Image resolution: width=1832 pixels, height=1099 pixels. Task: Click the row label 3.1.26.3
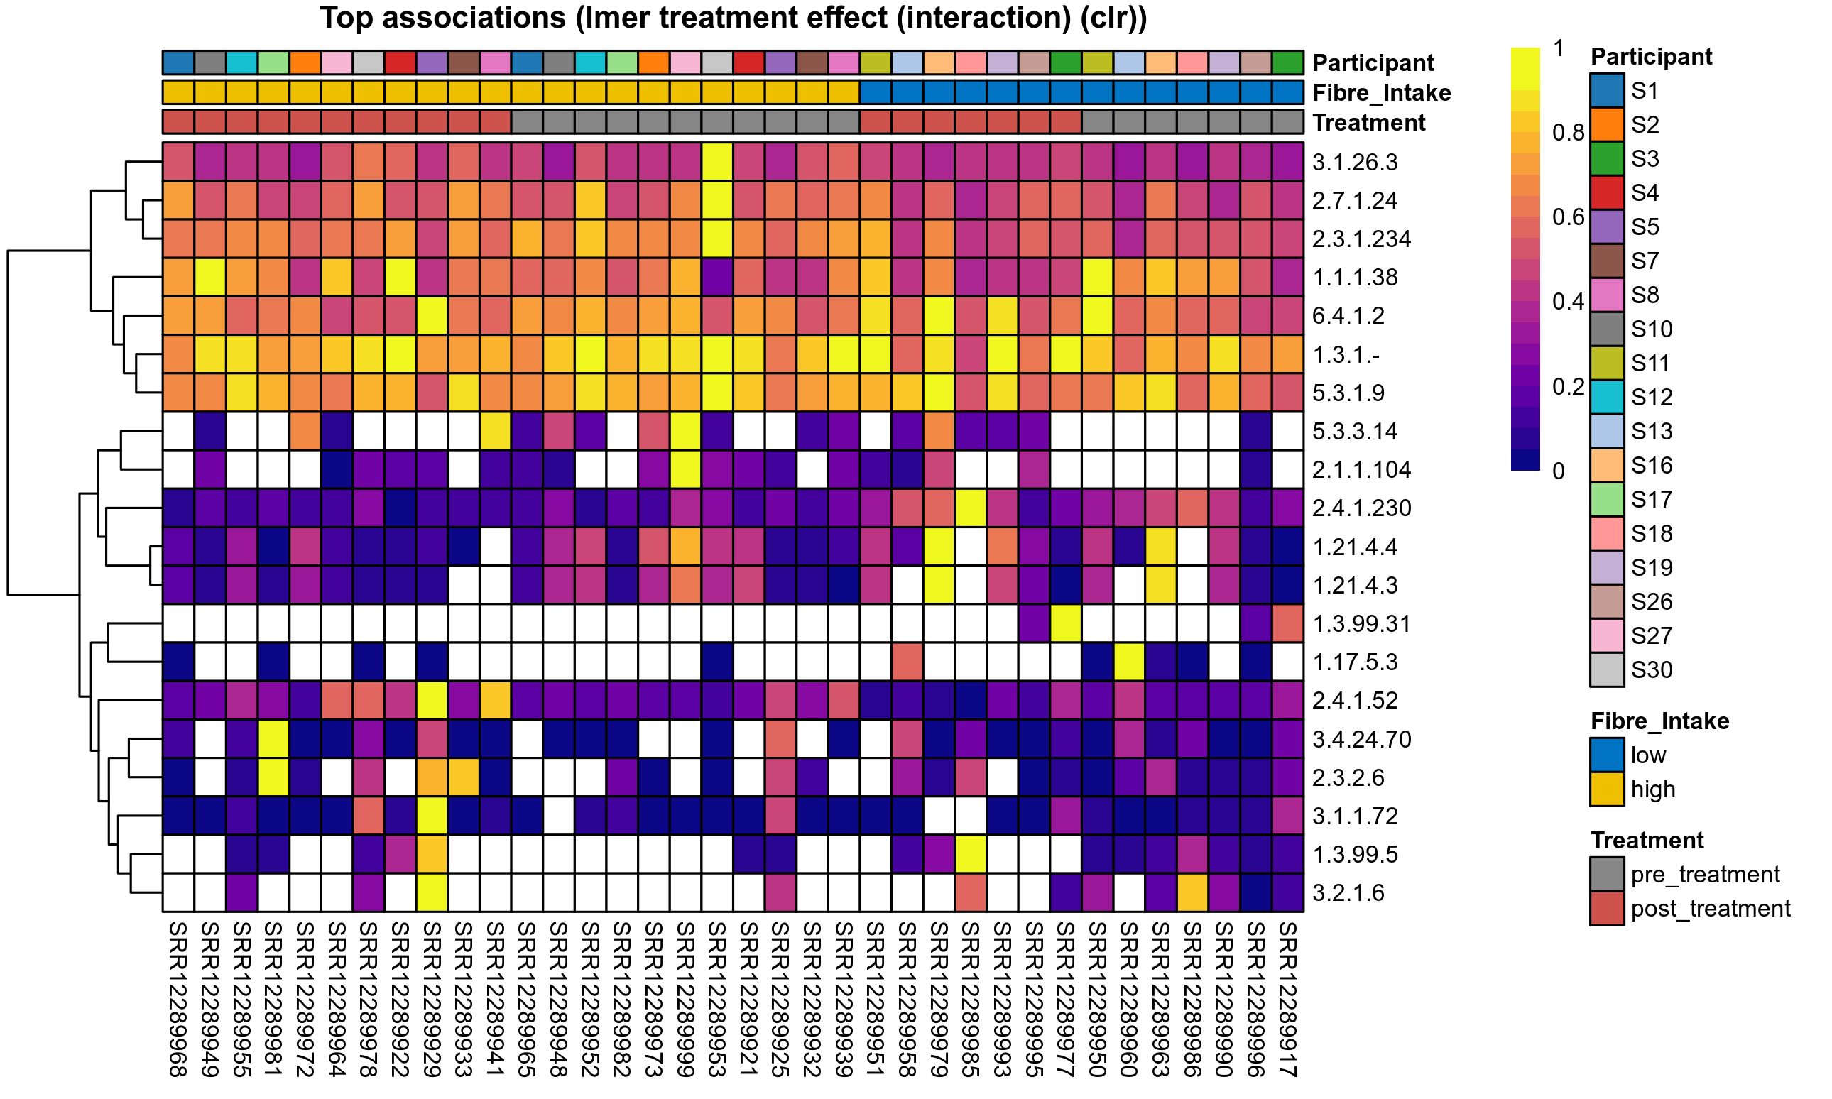tap(1354, 162)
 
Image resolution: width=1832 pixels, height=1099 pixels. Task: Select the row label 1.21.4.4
tap(1354, 547)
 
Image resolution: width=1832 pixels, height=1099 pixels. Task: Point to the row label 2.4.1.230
tap(1361, 509)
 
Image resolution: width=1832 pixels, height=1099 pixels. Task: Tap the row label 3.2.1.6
tap(1348, 893)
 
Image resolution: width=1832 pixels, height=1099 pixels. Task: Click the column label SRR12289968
tap(178, 999)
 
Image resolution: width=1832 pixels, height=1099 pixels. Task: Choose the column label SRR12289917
tap(1288, 999)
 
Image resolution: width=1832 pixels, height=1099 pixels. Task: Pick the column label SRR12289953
tap(716, 999)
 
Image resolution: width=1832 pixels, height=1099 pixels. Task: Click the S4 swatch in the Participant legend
tap(1607, 192)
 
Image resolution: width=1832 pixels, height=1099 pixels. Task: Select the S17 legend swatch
tap(1607, 499)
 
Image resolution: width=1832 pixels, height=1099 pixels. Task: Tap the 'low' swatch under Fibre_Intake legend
tap(1607, 755)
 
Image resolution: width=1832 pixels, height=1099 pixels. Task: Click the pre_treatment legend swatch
tap(1607, 875)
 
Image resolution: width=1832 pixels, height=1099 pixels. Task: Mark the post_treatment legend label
tap(1710, 909)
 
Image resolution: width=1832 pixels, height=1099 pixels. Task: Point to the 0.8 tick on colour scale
tap(1568, 133)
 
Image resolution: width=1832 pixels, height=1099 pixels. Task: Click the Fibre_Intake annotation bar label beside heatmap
tap(1381, 92)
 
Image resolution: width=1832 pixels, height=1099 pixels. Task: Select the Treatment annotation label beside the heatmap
tap(1368, 122)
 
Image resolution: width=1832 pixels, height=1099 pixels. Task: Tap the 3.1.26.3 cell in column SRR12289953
tap(716, 162)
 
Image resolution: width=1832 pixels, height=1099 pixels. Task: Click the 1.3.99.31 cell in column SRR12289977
tap(1066, 623)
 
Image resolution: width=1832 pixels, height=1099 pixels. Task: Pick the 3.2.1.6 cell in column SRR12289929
tap(432, 893)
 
